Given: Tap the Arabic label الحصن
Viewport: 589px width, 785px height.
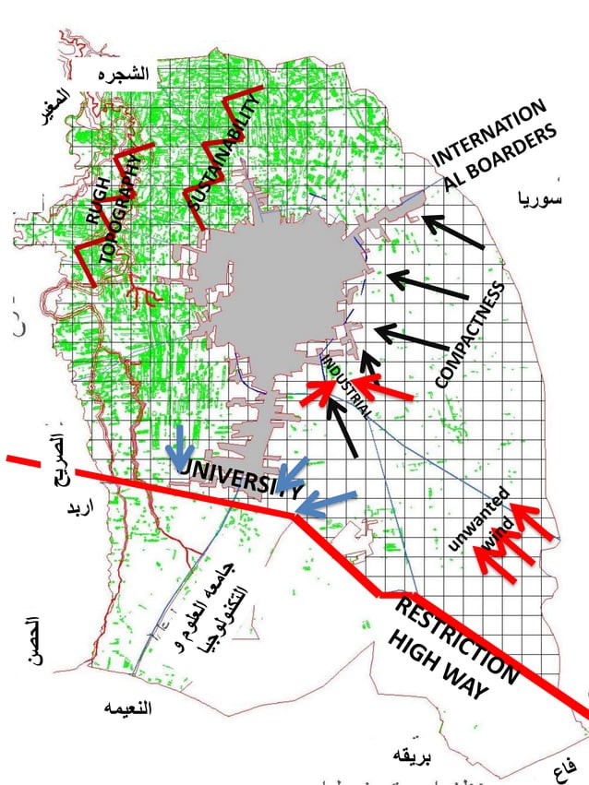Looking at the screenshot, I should coord(33,637).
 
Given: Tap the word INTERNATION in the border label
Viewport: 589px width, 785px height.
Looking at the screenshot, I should coord(489,133).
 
